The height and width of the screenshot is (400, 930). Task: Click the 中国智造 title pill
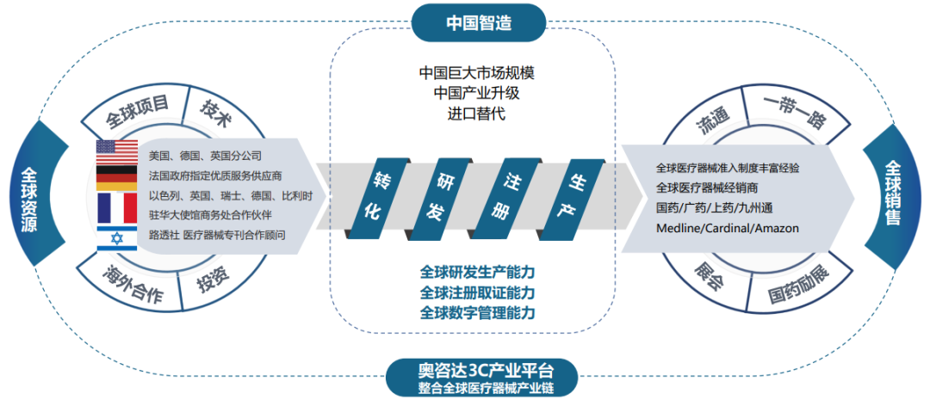(x=479, y=22)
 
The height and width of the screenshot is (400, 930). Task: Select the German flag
(x=117, y=177)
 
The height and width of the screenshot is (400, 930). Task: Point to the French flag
(x=117, y=207)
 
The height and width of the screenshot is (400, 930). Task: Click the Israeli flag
(x=117, y=238)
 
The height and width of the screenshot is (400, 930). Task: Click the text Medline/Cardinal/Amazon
(x=727, y=228)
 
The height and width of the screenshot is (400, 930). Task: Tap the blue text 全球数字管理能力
(x=478, y=312)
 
